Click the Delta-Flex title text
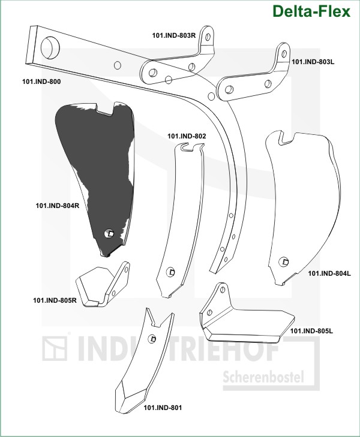point(311,11)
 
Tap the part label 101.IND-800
point(41,82)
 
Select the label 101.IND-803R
point(174,35)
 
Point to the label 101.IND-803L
point(313,62)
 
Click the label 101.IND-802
point(187,136)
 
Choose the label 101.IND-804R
point(58,206)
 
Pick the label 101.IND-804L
point(329,273)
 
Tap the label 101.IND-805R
point(55,300)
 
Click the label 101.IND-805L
point(311,331)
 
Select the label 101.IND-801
point(163,408)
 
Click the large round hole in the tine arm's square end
point(50,47)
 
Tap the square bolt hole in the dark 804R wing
point(109,233)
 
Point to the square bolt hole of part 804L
point(284,261)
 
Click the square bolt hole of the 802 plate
point(170,272)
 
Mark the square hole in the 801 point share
point(152,339)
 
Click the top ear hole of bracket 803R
point(208,37)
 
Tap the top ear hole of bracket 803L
point(284,53)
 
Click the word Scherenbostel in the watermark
point(263,377)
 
